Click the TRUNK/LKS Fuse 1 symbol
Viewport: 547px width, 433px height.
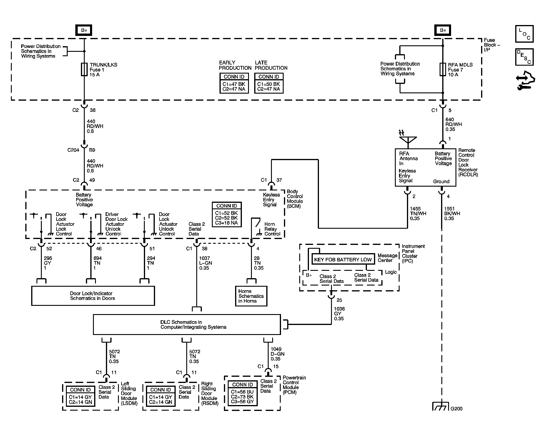84,69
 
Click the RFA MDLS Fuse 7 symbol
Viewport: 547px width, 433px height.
443,69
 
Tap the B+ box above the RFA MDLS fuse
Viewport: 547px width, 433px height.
443,30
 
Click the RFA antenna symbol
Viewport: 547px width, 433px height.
408,140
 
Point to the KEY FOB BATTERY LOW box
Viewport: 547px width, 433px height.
343,259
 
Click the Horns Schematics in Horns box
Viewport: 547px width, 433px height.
251,296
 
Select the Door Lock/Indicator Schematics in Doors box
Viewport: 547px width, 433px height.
93,296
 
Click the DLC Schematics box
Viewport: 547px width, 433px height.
187,324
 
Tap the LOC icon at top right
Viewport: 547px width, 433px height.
524,34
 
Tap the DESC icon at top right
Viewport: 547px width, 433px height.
524,57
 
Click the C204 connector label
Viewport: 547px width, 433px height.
73,150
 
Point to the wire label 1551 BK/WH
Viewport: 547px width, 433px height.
452,213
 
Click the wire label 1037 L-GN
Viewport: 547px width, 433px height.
205,263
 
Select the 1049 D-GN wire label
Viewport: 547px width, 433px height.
277,354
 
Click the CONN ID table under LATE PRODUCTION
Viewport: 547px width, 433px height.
269,83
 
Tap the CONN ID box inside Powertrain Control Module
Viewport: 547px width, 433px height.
242,393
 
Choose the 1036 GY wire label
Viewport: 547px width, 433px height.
339,313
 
